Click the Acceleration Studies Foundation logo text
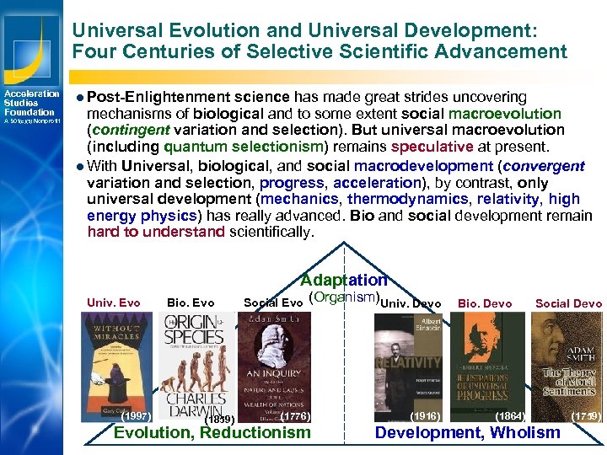pos(30,103)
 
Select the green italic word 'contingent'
pos(132,129)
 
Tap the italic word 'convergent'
pos(544,166)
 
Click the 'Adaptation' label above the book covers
pos(344,280)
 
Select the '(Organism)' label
pos(343,298)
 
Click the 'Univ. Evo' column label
pos(114,303)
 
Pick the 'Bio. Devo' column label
pos(485,303)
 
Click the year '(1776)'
pos(295,415)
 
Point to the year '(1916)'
pos(424,416)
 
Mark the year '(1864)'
pos(509,416)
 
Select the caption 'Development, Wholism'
pos(467,433)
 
